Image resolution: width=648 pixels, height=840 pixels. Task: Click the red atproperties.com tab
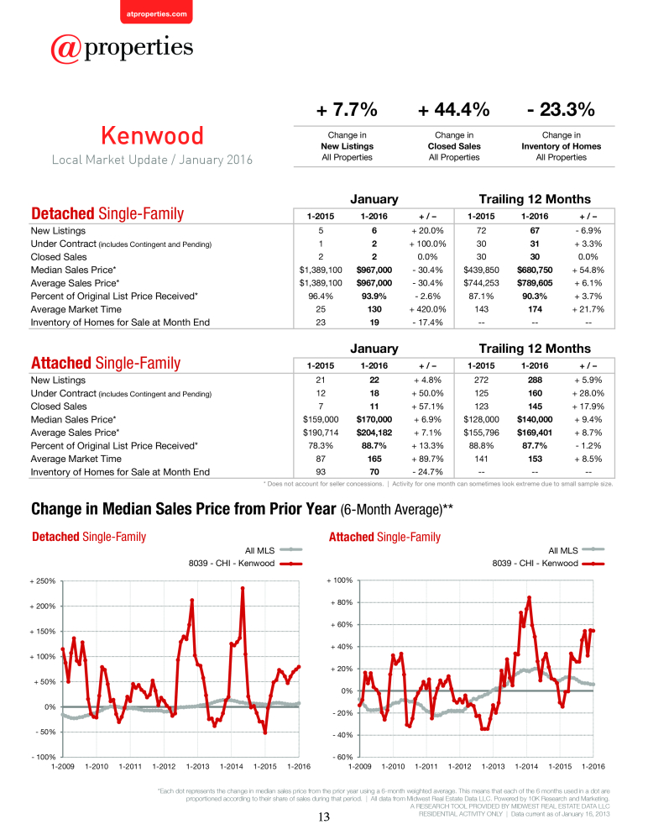[156, 12]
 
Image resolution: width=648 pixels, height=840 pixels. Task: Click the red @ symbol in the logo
[65, 49]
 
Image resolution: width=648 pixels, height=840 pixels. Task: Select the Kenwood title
[153, 135]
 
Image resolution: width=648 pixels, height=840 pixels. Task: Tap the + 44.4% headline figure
[454, 110]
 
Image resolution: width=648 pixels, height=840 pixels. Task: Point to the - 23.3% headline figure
[562, 110]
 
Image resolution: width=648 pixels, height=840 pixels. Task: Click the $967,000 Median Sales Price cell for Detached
[374, 270]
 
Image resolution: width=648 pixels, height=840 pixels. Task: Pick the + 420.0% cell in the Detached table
[427, 309]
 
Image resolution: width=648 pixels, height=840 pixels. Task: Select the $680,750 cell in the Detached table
[535, 270]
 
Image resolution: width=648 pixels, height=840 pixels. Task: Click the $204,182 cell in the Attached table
[374, 433]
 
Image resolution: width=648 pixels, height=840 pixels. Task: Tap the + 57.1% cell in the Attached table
[427, 406]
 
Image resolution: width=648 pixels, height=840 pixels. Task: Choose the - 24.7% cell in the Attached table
[427, 472]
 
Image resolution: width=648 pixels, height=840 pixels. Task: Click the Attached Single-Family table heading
[106, 363]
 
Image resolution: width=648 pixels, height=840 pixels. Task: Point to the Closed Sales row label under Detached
[59, 256]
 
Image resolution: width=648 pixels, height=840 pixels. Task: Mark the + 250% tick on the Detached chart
[43, 580]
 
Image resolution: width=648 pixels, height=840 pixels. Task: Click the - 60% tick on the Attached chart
[342, 757]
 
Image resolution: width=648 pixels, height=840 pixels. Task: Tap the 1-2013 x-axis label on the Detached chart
[197, 766]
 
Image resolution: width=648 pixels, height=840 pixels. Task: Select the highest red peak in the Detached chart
[243, 588]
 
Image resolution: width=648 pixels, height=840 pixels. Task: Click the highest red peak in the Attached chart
[529, 597]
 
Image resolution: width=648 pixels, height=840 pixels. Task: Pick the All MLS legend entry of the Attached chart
[577, 550]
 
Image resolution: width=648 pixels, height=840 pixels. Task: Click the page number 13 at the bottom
[324, 817]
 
